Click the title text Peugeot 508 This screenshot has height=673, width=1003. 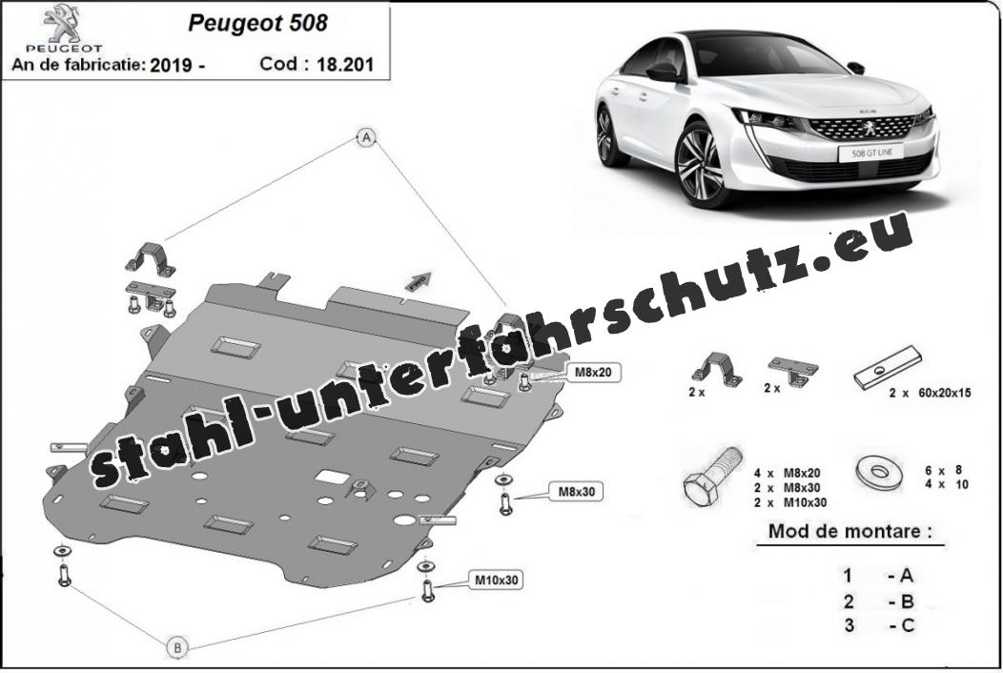(x=257, y=23)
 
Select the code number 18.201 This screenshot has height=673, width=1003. (x=344, y=65)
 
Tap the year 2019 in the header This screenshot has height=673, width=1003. (x=172, y=65)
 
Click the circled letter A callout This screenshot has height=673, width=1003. (x=366, y=136)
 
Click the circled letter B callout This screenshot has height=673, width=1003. (x=177, y=647)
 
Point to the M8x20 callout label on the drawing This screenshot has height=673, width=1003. (x=593, y=371)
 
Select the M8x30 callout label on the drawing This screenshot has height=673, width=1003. (x=577, y=491)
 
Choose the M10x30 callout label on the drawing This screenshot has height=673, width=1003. (x=496, y=581)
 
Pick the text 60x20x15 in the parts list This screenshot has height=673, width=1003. (x=944, y=393)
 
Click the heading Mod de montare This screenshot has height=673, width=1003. (x=850, y=531)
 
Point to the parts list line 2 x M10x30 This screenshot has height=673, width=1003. (x=789, y=502)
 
